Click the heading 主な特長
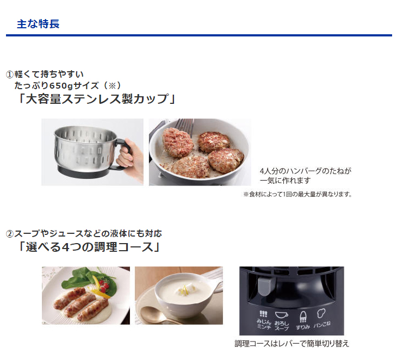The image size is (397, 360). tap(38, 24)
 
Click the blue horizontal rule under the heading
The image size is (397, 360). tap(199, 35)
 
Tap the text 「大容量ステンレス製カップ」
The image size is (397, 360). tap(97, 99)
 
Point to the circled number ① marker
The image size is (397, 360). tap(10, 75)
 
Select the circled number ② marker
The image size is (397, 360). tap(10, 234)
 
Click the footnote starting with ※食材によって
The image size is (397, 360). tap(297, 194)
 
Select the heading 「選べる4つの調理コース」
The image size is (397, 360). tap(89, 247)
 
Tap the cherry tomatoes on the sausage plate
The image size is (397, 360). tap(104, 287)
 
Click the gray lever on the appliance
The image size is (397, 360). tap(265, 286)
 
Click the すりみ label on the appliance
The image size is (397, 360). tap(303, 327)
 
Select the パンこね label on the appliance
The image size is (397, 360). tap(322, 324)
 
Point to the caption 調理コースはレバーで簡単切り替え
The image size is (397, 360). tap(291, 344)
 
